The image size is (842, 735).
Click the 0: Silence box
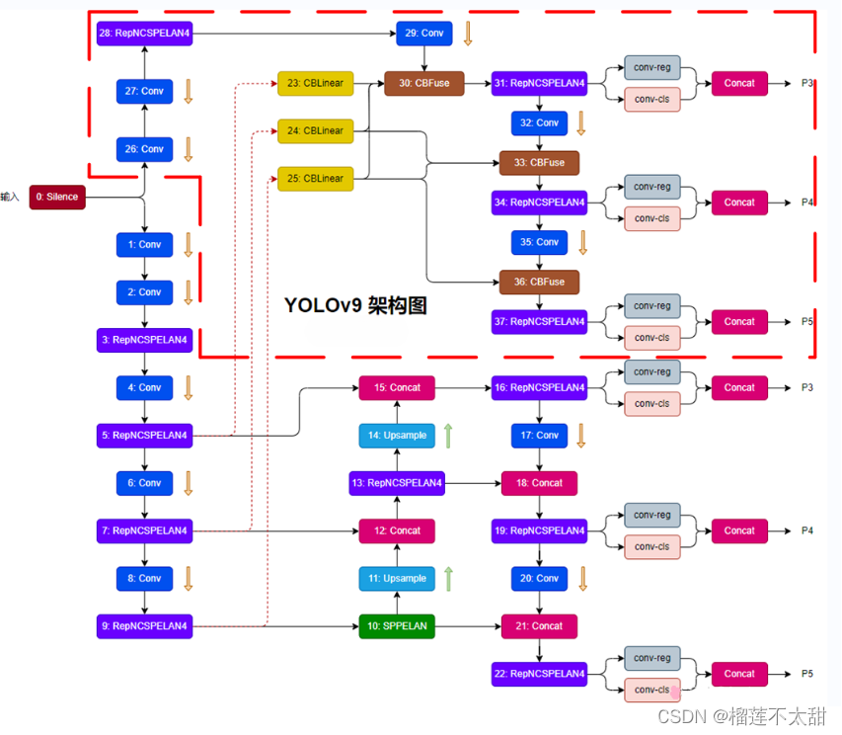click(x=55, y=197)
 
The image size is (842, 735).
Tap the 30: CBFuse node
click(x=424, y=83)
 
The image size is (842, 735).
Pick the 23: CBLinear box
click(x=316, y=83)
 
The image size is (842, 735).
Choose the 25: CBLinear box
click(x=316, y=178)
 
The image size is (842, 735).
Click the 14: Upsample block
click(x=397, y=435)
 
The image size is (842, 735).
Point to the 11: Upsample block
click(x=397, y=578)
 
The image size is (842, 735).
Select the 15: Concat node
click(x=397, y=387)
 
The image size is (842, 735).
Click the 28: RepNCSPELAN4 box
click(x=144, y=33)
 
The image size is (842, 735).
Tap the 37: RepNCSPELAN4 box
click(x=539, y=321)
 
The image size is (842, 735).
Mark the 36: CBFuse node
click(x=539, y=282)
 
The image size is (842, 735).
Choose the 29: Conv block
click(x=424, y=33)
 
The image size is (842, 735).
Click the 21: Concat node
click(x=539, y=625)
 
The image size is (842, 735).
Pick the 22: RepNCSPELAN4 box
click(x=539, y=674)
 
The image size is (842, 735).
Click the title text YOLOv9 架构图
click(x=355, y=305)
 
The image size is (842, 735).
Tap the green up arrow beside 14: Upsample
click(x=447, y=435)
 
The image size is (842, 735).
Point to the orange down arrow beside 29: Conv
click(x=468, y=34)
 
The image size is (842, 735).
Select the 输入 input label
click(x=10, y=197)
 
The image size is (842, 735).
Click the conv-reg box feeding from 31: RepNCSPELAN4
click(x=651, y=68)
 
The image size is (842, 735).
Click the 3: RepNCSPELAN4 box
click(x=144, y=340)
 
